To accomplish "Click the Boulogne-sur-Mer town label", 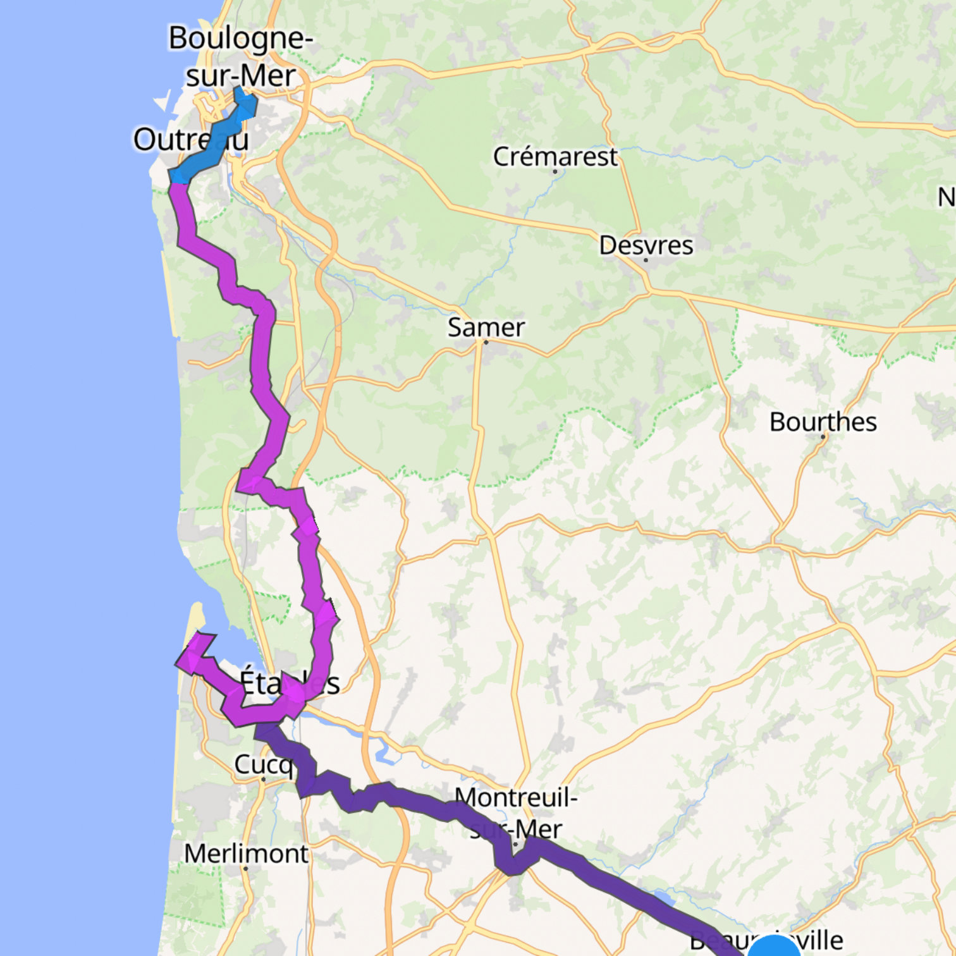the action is pyautogui.click(x=240, y=57).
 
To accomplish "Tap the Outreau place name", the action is pyautogui.click(x=190, y=140).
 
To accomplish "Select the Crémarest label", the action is pyautogui.click(x=555, y=156).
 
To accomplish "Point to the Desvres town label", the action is pyautogui.click(x=646, y=245).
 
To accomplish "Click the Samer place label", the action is pyautogui.click(x=486, y=327).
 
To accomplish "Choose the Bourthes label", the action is pyautogui.click(x=823, y=422).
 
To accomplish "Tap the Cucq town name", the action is pyautogui.click(x=263, y=764).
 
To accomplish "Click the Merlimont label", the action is pyautogui.click(x=246, y=854).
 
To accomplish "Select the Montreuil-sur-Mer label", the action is pyautogui.click(x=515, y=812).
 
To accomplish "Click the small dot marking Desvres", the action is pyautogui.click(x=646, y=260).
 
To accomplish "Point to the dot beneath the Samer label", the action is pyautogui.click(x=486, y=342).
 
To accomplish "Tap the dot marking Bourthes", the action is pyautogui.click(x=823, y=436).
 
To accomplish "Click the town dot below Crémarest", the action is pyautogui.click(x=555, y=171).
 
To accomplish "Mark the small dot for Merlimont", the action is pyautogui.click(x=246, y=869).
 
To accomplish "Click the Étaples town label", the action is pyautogui.click(x=290, y=683).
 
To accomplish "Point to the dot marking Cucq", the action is pyautogui.click(x=264, y=780).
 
